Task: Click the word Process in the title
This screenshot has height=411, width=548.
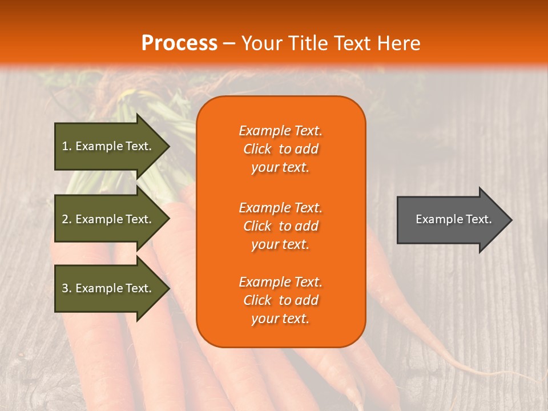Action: coord(179,43)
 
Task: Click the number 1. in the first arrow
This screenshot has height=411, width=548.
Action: coord(67,146)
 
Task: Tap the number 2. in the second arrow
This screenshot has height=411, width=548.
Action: coord(67,219)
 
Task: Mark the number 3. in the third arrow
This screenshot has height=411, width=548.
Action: coord(67,288)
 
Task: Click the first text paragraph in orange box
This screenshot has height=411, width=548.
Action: coord(280,149)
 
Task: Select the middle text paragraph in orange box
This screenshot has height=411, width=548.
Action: coord(280,226)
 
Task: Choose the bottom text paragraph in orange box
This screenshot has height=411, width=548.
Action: coord(280,300)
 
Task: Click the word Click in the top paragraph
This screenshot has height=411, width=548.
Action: coord(257,149)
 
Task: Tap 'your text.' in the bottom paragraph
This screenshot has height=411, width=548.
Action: coord(280,319)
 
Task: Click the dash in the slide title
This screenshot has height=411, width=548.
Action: coord(229,44)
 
